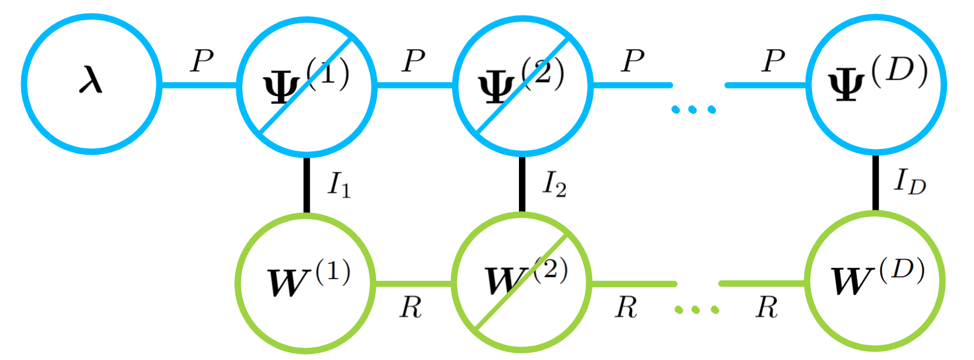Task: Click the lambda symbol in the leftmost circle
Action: [x=91, y=81]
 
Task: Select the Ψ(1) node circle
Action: [x=306, y=85]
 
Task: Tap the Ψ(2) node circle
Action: [x=522, y=85]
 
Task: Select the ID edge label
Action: [x=909, y=182]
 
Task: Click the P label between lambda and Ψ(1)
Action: [x=202, y=60]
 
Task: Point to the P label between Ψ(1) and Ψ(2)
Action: [x=413, y=60]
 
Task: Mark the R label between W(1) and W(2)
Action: [x=410, y=307]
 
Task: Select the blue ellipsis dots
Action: [x=694, y=109]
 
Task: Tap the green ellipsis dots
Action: [x=696, y=309]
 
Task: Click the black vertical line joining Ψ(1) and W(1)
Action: [x=306, y=185]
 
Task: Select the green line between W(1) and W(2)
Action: [x=413, y=284]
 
